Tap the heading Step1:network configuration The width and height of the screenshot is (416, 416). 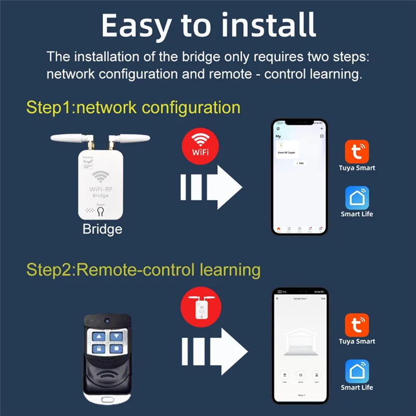point(133,107)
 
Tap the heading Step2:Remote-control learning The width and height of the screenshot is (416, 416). point(143,270)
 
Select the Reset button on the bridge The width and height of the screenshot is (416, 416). point(101,212)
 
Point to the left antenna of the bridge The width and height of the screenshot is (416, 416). point(73,139)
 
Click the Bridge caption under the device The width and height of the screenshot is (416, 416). point(102,229)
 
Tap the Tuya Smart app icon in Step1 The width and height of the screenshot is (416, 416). point(357,151)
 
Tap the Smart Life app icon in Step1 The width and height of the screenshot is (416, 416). point(357,198)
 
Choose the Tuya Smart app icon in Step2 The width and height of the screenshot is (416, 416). point(357,324)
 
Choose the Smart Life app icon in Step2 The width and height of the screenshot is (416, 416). point(357,371)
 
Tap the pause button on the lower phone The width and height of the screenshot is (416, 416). point(300,374)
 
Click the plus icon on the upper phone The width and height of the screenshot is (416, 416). point(321,128)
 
